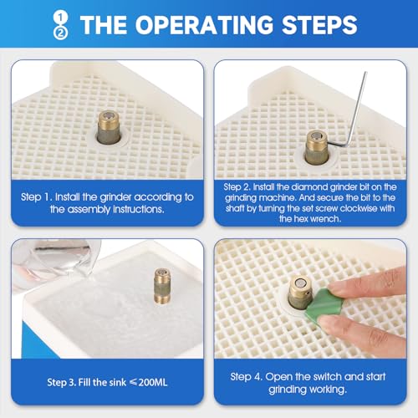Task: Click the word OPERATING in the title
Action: point(204,25)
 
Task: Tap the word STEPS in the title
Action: point(319,25)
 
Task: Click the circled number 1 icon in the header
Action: point(60,18)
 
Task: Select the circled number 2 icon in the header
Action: point(60,33)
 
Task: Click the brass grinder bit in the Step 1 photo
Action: point(109,127)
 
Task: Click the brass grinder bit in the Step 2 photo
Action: point(317,148)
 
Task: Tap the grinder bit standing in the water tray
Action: point(162,286)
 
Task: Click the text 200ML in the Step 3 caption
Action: point(153,382)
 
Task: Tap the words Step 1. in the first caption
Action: point(37,197)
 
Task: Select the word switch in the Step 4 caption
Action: point(328,377)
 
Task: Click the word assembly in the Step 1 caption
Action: point(89,209)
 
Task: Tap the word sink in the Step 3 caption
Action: point(119,382)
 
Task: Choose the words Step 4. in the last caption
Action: point(247,377)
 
